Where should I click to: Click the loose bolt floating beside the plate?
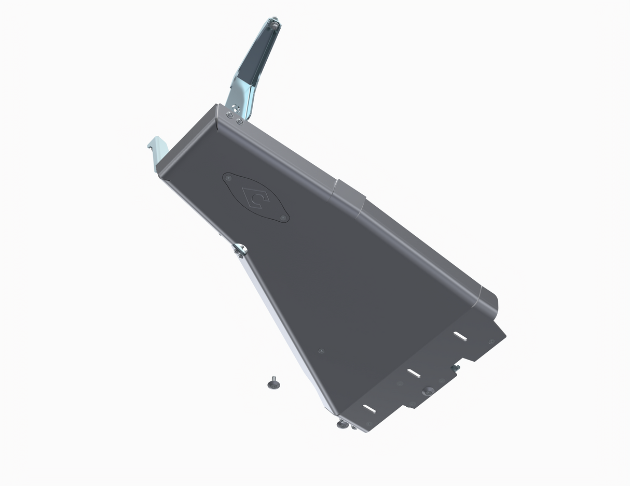click(273, 384)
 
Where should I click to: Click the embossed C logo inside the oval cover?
click(255, 197)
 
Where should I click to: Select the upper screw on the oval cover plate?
click(229, 178)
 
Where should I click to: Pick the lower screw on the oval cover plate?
click(283, 218)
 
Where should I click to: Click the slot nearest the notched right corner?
click(460, 336)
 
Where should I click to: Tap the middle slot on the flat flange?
click(414, 373)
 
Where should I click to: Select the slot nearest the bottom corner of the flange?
click(369, 409)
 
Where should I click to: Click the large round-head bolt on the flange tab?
click(428, 391)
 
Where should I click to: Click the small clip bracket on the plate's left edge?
click(240, 250)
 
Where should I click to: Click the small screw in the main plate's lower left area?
click(321, 351)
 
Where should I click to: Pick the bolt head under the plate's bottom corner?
click(343, 424)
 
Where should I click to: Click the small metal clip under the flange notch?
click(456, 367)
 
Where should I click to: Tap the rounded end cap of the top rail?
click(489, 303)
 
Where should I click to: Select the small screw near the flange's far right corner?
click(491, 341)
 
